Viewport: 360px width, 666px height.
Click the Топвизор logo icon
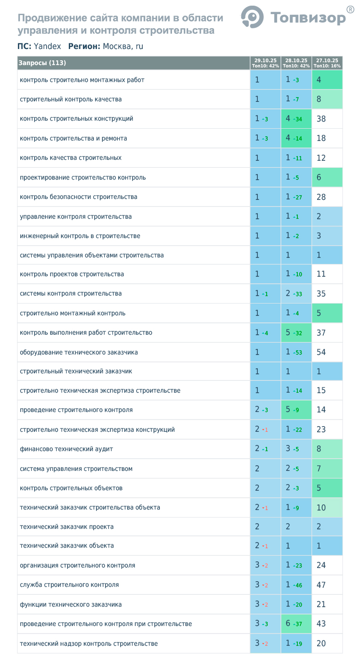coord(252,17)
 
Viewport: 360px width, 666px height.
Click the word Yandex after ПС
coord(48,46)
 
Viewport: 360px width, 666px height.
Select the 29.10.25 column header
coord(265,63)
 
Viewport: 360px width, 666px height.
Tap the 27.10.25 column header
coord(327,63)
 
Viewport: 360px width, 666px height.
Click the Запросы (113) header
coord(42,63)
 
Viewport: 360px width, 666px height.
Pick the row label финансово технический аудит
coord(66,449)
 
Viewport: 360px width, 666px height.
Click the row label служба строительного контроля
coord(69,585)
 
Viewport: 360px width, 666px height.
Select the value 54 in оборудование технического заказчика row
coord(321,352)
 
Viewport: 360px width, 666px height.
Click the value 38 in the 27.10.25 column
coord(321,119)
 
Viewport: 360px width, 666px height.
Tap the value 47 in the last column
coord(321,585)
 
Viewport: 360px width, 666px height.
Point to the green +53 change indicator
coord(297,353)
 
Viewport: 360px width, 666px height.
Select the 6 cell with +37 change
coord(288,624)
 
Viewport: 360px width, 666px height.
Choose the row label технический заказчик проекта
coord(66,526)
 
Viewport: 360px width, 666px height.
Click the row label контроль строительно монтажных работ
coord(82,80)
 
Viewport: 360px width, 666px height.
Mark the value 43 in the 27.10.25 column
coord(321,624)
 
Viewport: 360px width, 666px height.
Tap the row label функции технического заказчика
coord(71,604)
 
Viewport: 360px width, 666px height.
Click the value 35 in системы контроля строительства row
coord(321,294)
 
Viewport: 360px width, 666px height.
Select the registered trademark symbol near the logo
coord(350,9)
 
